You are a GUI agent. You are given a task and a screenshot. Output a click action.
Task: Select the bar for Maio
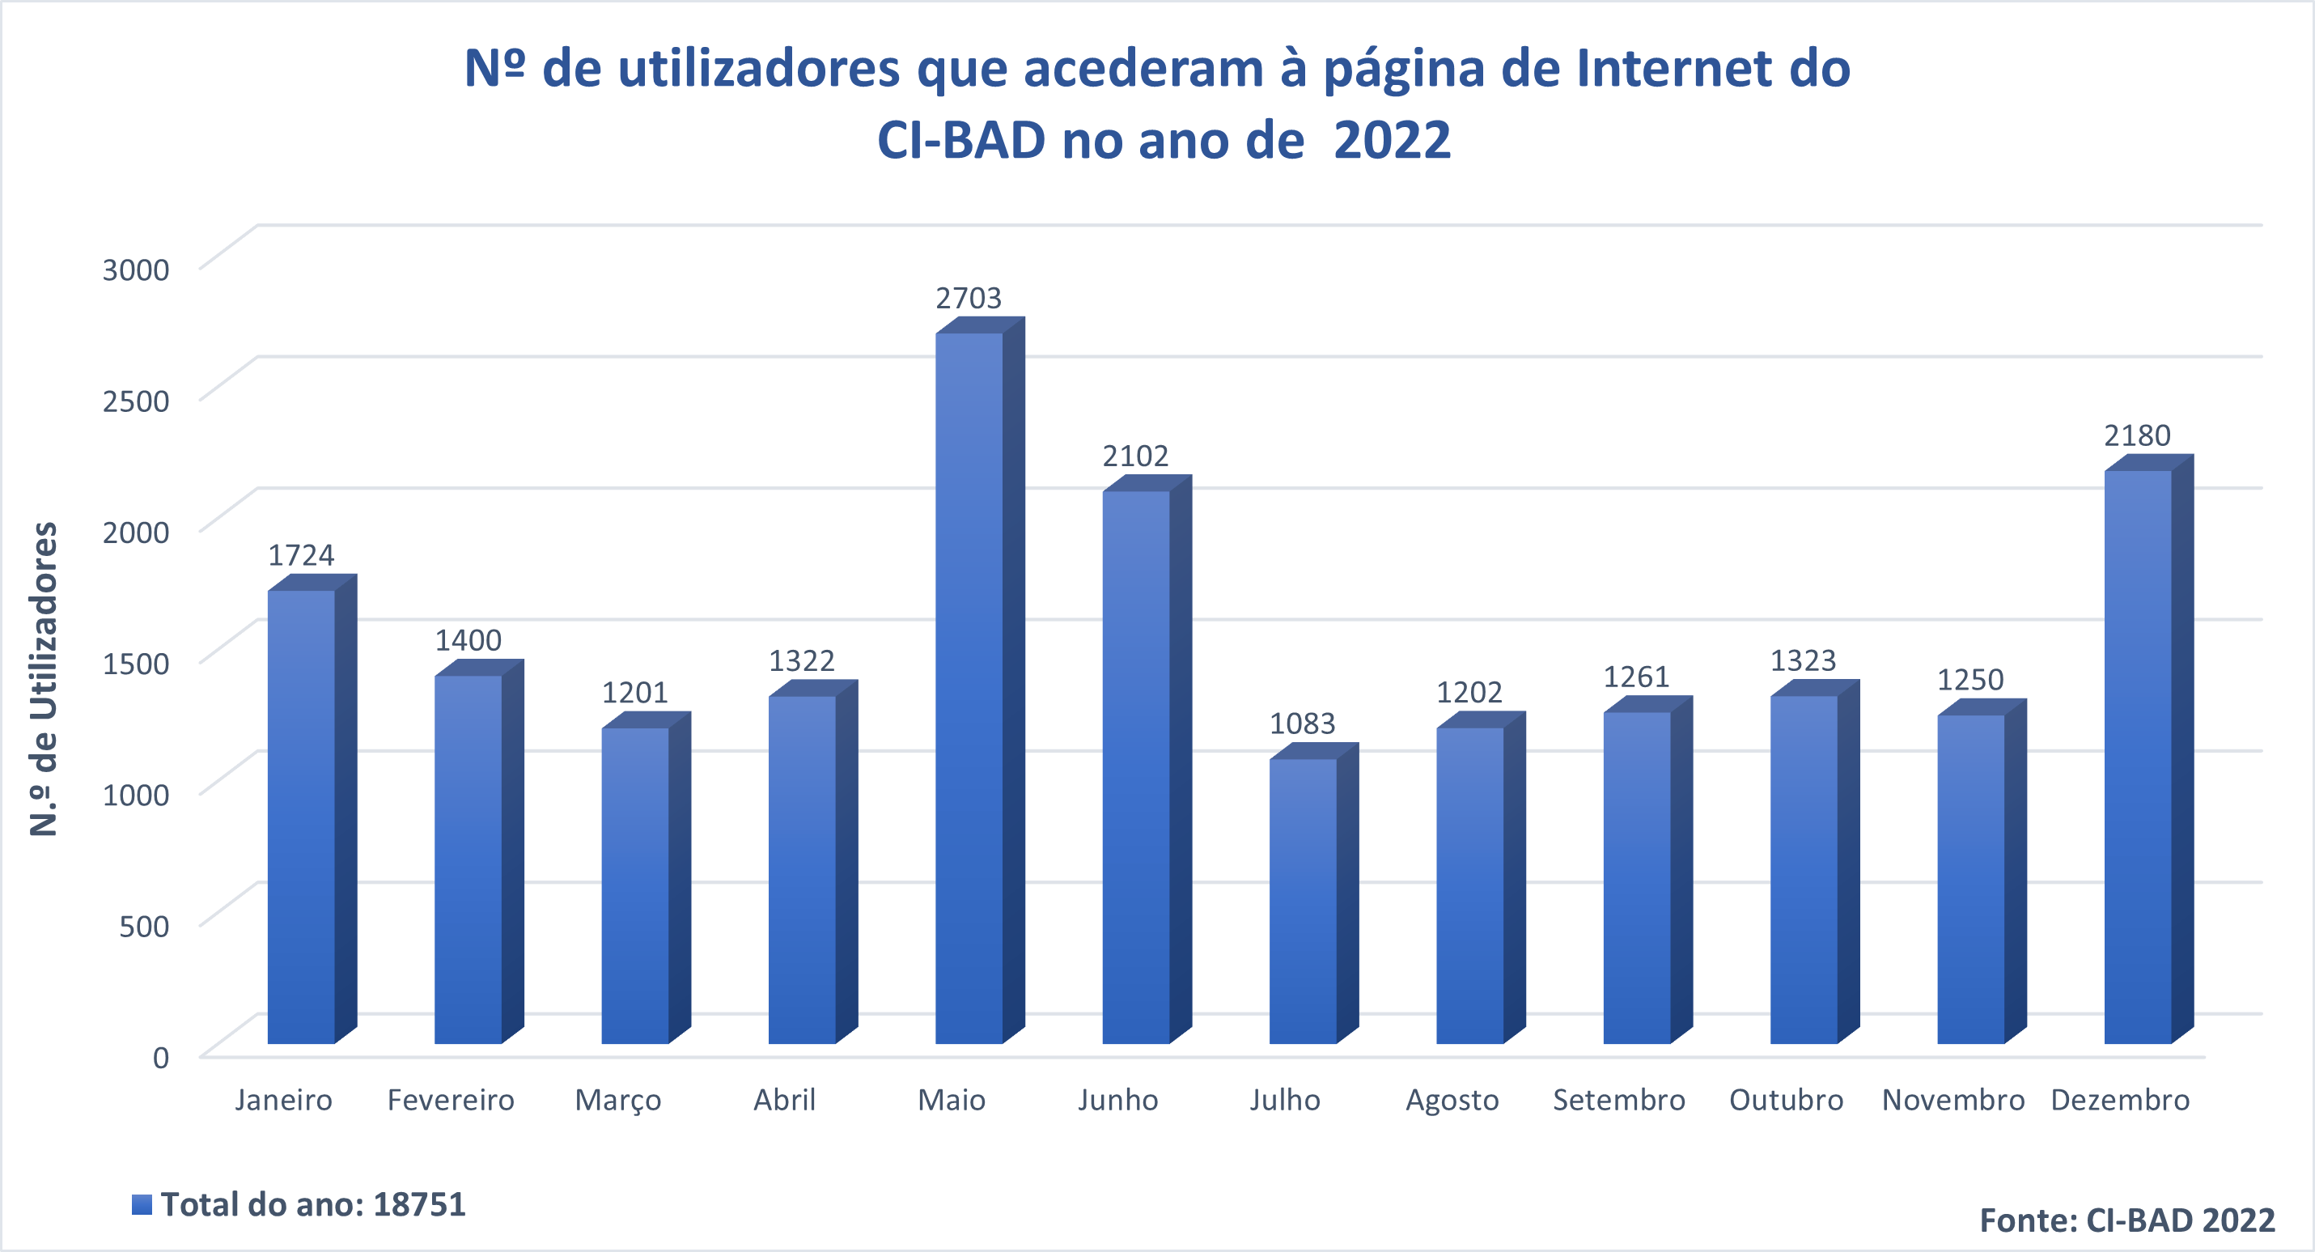(x=969, y=688)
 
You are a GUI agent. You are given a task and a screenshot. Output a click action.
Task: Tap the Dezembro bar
(x=2137, y=756)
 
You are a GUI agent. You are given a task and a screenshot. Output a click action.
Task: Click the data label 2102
(x=1135, y=456)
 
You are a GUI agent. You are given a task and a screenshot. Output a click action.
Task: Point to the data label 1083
(x=1302, y=724)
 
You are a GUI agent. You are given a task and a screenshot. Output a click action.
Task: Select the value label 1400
(x=469, y=641)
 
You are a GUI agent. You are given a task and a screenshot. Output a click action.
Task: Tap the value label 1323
(x=1803, y=661)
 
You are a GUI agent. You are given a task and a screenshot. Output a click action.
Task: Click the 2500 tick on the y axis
(x=136, y=401)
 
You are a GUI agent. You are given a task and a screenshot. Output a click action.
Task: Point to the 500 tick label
(x=144, y=926)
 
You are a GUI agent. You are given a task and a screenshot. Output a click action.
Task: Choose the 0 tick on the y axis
(x=161, y=1058)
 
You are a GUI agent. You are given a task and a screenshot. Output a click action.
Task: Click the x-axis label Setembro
(x=1618, y=1100)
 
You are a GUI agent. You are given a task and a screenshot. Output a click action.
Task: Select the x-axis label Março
(x=617, y=1100)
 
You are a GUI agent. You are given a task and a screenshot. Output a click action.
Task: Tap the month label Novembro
(x=1952, y=1100)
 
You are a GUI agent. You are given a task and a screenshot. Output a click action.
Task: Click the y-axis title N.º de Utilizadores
(x=44, y=678)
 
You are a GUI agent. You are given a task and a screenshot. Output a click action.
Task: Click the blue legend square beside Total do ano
(x=142, y=1204)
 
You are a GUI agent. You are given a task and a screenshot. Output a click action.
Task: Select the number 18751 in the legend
(x=419, y=1204)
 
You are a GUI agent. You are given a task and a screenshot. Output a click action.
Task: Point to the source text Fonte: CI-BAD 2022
(x=2127, y=1220)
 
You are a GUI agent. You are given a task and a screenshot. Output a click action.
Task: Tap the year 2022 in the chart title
(x=1392, y=140)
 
